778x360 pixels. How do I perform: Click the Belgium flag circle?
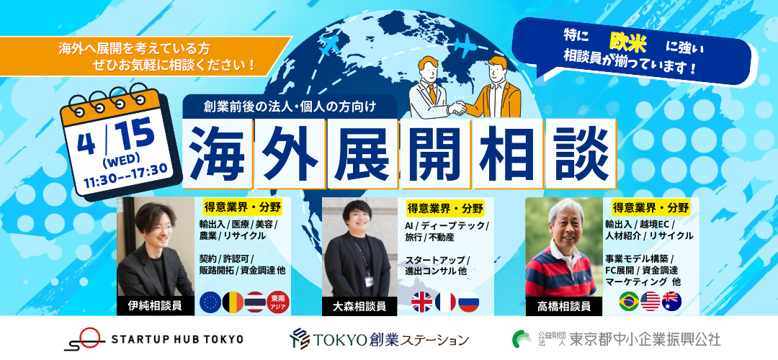233,302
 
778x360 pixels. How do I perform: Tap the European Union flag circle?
210,302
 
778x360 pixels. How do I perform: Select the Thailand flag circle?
256,302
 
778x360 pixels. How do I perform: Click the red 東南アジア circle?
278,302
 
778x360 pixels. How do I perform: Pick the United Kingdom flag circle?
422,302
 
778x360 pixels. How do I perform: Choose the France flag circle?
446,302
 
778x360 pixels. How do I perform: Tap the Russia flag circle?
469,302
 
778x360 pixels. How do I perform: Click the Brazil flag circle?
629,301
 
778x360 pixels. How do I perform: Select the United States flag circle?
650,301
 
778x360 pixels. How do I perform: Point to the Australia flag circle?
672,301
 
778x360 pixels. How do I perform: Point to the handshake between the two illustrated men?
457,107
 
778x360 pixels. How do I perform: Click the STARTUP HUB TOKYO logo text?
177,339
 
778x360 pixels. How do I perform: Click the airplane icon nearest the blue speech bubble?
465,46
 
